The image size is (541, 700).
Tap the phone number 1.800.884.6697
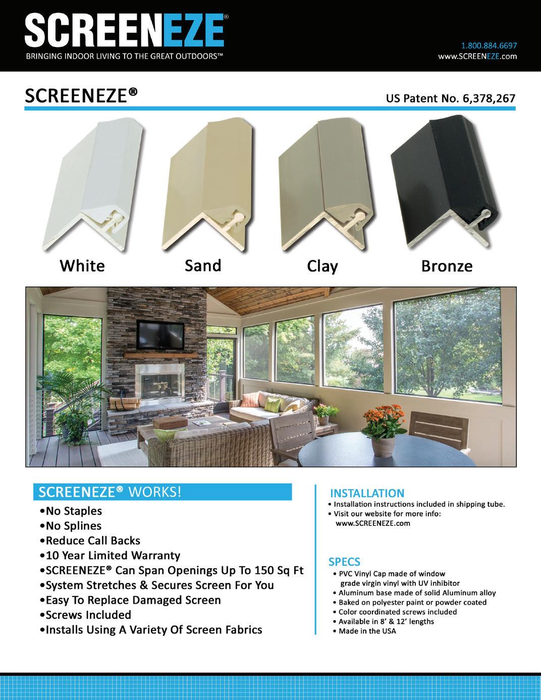pos(489,45)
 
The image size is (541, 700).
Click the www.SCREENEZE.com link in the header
pos(477,56)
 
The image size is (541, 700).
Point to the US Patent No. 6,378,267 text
pos(450,98)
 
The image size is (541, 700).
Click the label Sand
pos(203,265)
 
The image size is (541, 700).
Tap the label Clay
pos(322,266)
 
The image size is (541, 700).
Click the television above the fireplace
pos(160,334)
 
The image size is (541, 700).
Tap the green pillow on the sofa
pos(272,404)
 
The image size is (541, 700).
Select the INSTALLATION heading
pos(367,493)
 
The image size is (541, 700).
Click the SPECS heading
pos(345,562)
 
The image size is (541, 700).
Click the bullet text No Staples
pos(74,511)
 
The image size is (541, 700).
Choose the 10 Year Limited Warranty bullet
pos(113,555)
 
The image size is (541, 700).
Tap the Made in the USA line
pos(367,631)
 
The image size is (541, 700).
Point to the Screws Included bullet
pos(88,615)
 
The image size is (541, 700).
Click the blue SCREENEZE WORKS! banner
pos(162,492)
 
